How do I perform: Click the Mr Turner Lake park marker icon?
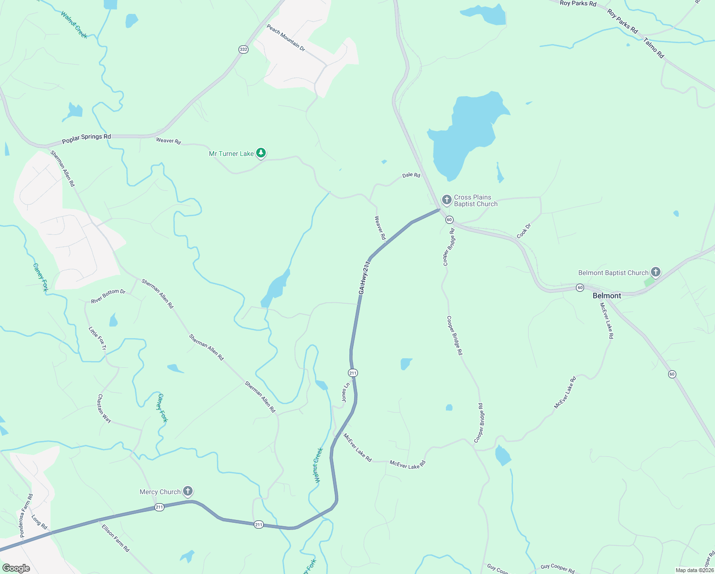260,153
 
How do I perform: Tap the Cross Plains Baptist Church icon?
446,200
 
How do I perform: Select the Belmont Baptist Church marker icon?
655,273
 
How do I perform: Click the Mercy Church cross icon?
188,491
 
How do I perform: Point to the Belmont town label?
607,296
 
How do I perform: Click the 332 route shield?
243,49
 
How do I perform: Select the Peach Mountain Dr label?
286,38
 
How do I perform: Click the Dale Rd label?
411,176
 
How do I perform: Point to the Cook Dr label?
524,231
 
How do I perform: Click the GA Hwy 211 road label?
364,277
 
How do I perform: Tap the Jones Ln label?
345,392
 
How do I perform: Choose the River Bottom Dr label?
108,296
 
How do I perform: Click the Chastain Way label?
104,408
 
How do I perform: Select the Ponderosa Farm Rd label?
26,516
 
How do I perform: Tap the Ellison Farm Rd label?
116,538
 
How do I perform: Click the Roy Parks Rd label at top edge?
578,3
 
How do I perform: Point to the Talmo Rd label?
654,48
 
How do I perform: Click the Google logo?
16,568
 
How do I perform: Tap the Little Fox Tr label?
97,338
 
